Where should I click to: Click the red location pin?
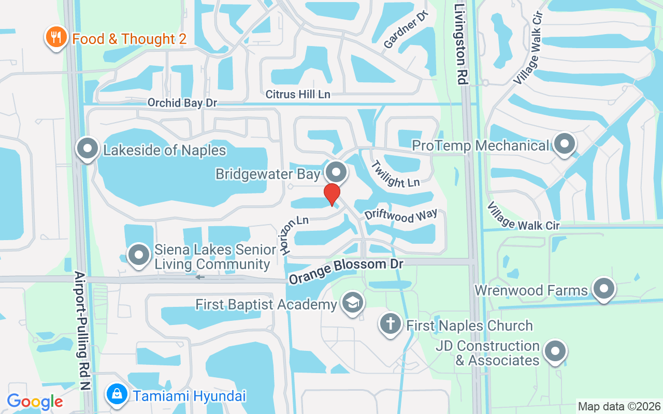pyautogui.click(x=331, y=195)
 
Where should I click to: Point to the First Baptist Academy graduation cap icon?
pyautogui.click(x=353, y=303)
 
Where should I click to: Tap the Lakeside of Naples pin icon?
pyautogui.click(x=88, y=149)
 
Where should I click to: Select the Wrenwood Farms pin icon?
pyautogui.click(x=603, y=289)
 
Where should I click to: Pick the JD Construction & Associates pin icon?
pyautogui.click(x=555, y=351)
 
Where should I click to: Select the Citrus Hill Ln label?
pyautogui.click(x=298, y=94)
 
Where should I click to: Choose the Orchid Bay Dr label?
pyautogui.click(x=182, y=102)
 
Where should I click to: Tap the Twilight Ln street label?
pyautogui.click(x=395, y=175)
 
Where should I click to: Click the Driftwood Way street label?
pyautogui.click(x=401, y=215)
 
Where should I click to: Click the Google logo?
pyautogui.click(x=35, y=402)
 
